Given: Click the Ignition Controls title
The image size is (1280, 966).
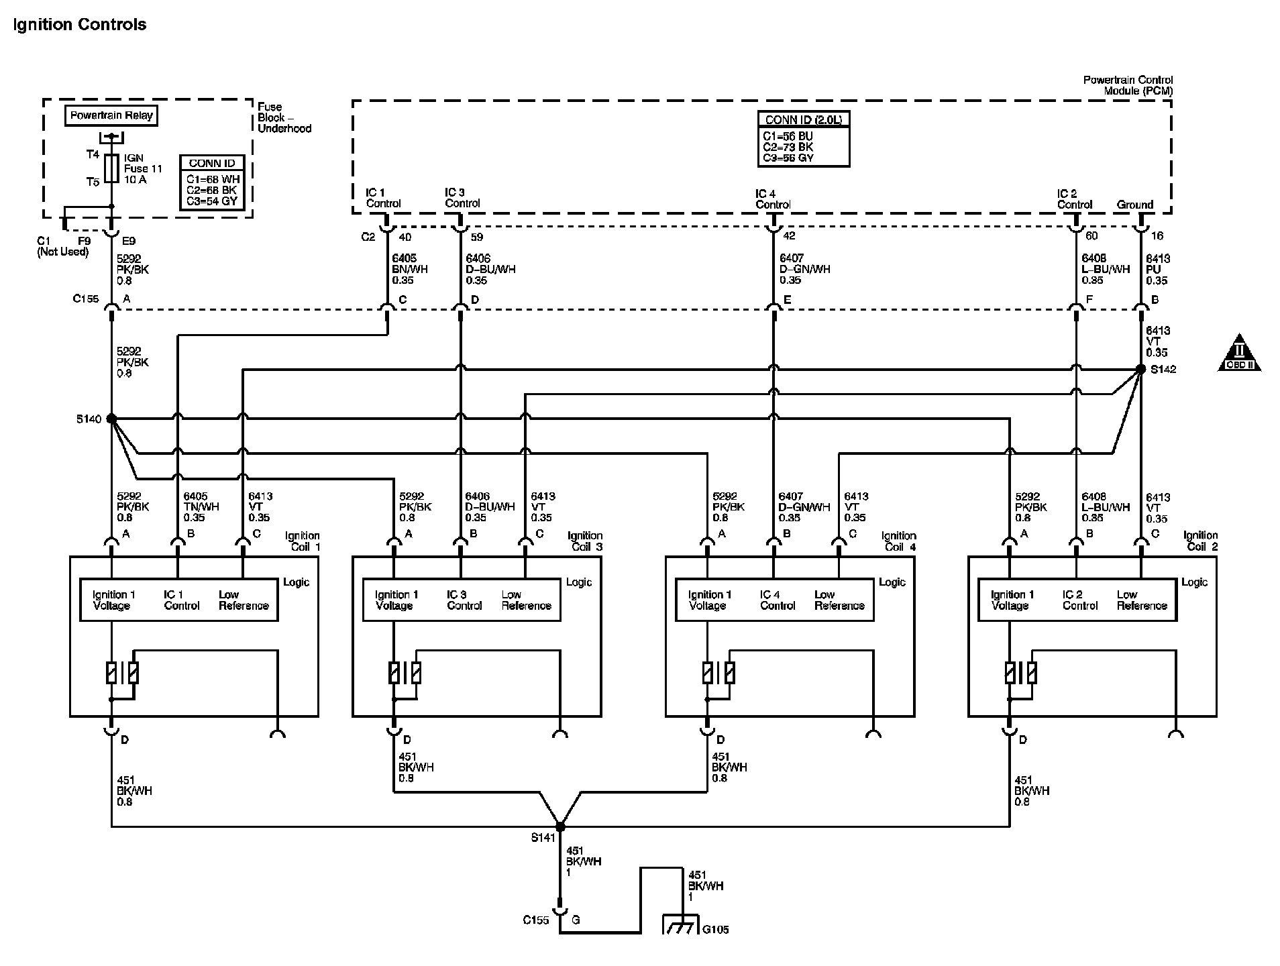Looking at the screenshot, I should (x=79, y=25).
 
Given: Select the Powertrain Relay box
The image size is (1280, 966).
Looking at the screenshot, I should (x=111, y=115).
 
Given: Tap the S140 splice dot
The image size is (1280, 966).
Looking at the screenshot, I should (x=111, y=419).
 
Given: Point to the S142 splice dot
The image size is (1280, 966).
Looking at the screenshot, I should (x=1140, y=369).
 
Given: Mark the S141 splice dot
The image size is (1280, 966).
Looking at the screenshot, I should (x=560, y=826).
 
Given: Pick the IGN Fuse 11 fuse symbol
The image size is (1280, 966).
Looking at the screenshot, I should (x=111, y=168).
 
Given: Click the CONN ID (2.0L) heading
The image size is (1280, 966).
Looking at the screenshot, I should (x=804, y=120).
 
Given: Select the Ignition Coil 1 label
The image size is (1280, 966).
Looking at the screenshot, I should (x=303, y=541).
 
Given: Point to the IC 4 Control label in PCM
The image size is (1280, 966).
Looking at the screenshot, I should (x=773, y=199).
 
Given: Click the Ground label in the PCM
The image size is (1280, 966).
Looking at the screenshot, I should (x=1134, y=205).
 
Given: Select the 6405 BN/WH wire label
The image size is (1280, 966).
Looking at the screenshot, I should (x=409, y=269).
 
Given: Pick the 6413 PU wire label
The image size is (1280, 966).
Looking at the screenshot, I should (x=1157, y=269).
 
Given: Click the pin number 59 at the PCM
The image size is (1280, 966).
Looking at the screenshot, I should (x=477, y=237).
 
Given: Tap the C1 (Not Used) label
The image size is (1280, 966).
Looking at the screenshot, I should (x=62, y=246).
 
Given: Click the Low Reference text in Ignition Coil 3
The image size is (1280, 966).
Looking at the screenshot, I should (x=526, y=600).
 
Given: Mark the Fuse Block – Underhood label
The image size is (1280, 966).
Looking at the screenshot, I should (x=284, y=117).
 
